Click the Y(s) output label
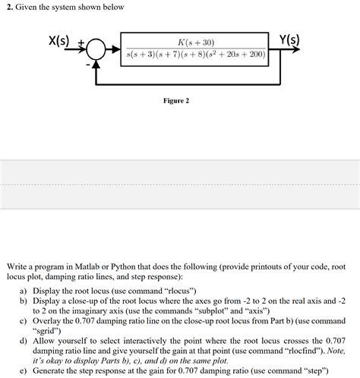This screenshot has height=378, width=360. [x=289, y=39]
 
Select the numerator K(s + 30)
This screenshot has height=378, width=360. [x=195, y=43]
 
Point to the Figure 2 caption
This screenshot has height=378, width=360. [x=177, y=101]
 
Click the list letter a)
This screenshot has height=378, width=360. [x=24, y=291]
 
